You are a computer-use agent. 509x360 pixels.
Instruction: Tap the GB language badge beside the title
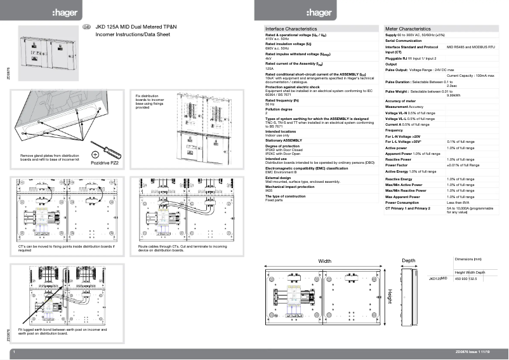[x=87, y=27]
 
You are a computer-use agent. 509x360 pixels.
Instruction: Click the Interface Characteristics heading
[x=291, y=29]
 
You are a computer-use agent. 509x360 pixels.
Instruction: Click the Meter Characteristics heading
[x=407, y=29]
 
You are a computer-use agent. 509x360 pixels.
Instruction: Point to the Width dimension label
[x=324, y=261]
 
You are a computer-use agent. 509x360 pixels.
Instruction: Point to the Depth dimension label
[x=408, y=261]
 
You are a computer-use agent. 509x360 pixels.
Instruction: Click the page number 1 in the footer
[x=13, y=351]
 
